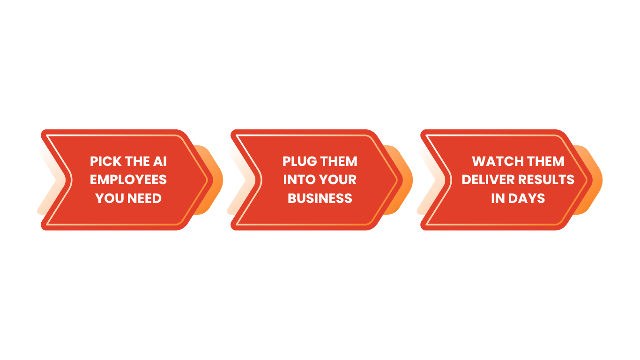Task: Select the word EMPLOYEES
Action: [128, 180]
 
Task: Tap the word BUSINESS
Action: [320, 198]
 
